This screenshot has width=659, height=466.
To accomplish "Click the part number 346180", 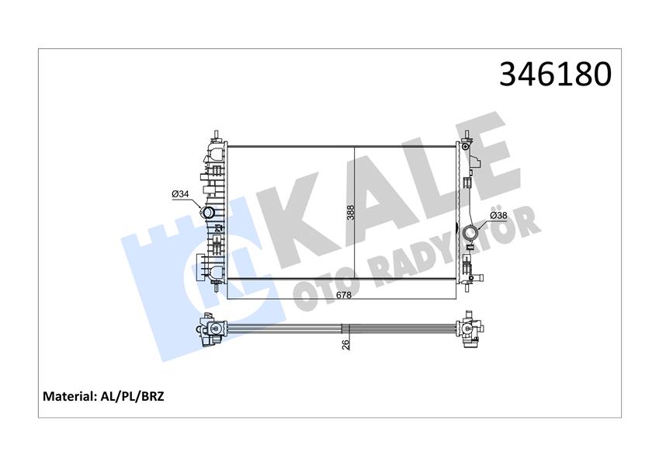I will click(555, 75).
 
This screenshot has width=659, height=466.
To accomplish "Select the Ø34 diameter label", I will click(181, 193).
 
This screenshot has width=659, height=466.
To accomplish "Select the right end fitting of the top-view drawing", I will click(470, 331).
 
